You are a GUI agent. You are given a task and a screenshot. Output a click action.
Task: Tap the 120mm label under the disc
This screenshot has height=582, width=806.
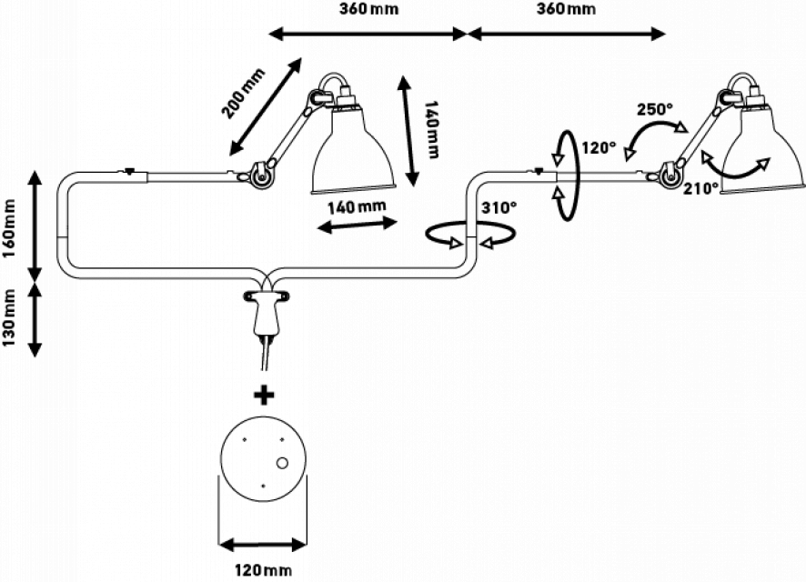(263, 569)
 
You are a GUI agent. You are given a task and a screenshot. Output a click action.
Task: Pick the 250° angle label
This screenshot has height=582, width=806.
(655, 108)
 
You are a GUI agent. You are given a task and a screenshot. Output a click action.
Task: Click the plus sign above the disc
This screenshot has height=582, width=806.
(264, 395)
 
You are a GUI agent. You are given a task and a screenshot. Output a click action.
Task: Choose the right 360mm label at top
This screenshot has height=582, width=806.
(566, 10)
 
